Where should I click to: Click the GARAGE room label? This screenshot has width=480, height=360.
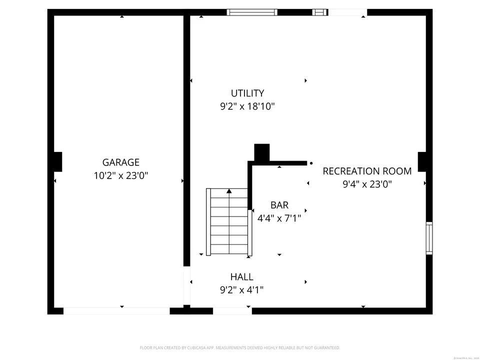[x=120, y=162]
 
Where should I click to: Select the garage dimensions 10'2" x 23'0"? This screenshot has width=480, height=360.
[x=120, y=175]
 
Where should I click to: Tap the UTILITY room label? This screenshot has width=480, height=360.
[x=247, y=93]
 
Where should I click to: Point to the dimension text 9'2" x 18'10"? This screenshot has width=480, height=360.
[x=247, y=106]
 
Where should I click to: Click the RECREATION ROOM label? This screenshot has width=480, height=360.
[x=367, y=171]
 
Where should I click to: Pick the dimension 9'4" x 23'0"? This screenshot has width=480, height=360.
[x=367, y=184]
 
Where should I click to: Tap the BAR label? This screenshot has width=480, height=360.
[x=279, y=205]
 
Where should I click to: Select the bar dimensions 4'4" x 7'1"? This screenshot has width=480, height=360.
[x=279, y=218]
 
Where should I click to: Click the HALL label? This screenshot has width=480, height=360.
[x=241, y=276]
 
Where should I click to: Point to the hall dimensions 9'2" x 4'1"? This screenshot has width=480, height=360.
[x=241, y=289]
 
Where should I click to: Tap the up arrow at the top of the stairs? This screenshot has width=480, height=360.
[x=229, y=191]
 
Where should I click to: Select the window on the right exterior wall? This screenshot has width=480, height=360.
[x=429, y=238]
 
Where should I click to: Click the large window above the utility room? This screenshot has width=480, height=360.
[x=252, y=12]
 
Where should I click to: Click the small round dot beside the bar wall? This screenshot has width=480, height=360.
[x=311, y=163]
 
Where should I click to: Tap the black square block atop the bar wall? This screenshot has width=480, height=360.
[x=261, y=152]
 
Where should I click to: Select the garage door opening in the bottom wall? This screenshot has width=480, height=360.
[x=116, y=311]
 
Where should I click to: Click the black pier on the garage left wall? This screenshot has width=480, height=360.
[x=57, y=162]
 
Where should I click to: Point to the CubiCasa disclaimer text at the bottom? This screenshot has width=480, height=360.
[x=239, y=347]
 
